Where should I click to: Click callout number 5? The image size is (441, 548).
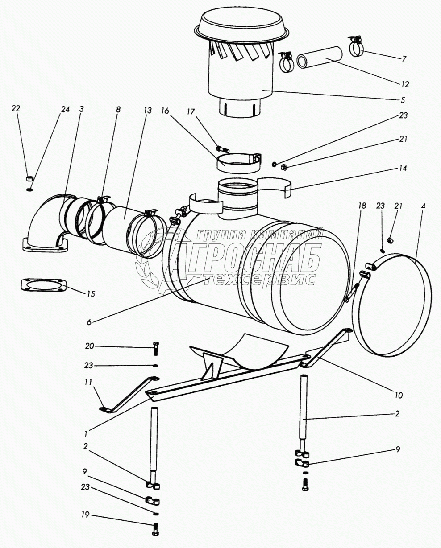pyautogui.click(x=403, y=99)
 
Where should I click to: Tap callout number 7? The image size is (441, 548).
pyautogui.click(x=404, y=59)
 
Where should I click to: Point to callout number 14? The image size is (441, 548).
pyautogui.click(x=404, y=169)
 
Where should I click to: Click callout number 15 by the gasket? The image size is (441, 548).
pyautogui.click(x=91, y=294)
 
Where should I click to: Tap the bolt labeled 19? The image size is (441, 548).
pyautogui.click(x=156, y=529)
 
